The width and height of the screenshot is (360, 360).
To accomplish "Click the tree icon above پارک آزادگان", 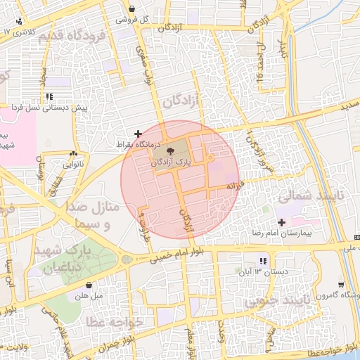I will (172, 150).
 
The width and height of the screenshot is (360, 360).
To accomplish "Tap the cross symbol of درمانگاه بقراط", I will (138, 133).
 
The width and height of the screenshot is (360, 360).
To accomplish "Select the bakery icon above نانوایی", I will (74, 154).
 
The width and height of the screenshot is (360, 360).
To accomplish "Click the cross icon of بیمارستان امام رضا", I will (281, 221).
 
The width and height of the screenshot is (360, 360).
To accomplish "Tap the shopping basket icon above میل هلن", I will (89, 285).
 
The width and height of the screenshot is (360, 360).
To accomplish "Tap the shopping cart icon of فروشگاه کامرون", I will (341, 285).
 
